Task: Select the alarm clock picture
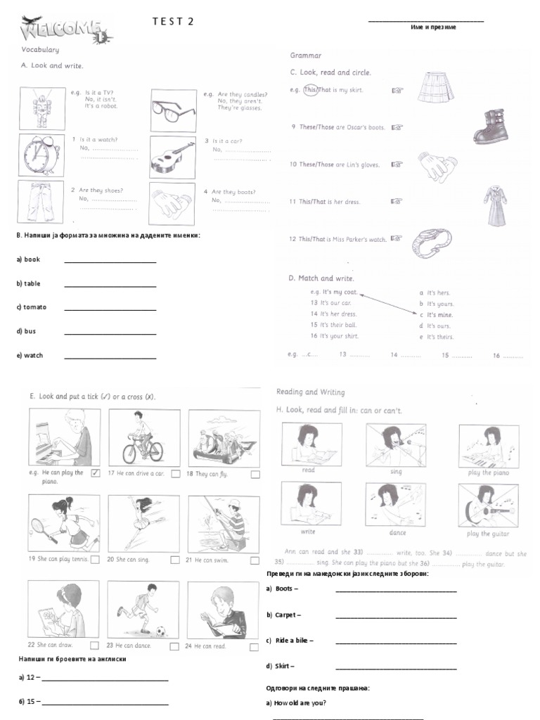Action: (39, 154)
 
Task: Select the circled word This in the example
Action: (311, 90)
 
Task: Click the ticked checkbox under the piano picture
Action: (96, 473)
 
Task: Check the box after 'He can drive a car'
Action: (175, 474)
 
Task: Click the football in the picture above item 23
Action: (160, 631)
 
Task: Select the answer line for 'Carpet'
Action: (396, 617)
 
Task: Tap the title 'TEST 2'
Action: (172, 22)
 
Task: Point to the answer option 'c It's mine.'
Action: (436, 315)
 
